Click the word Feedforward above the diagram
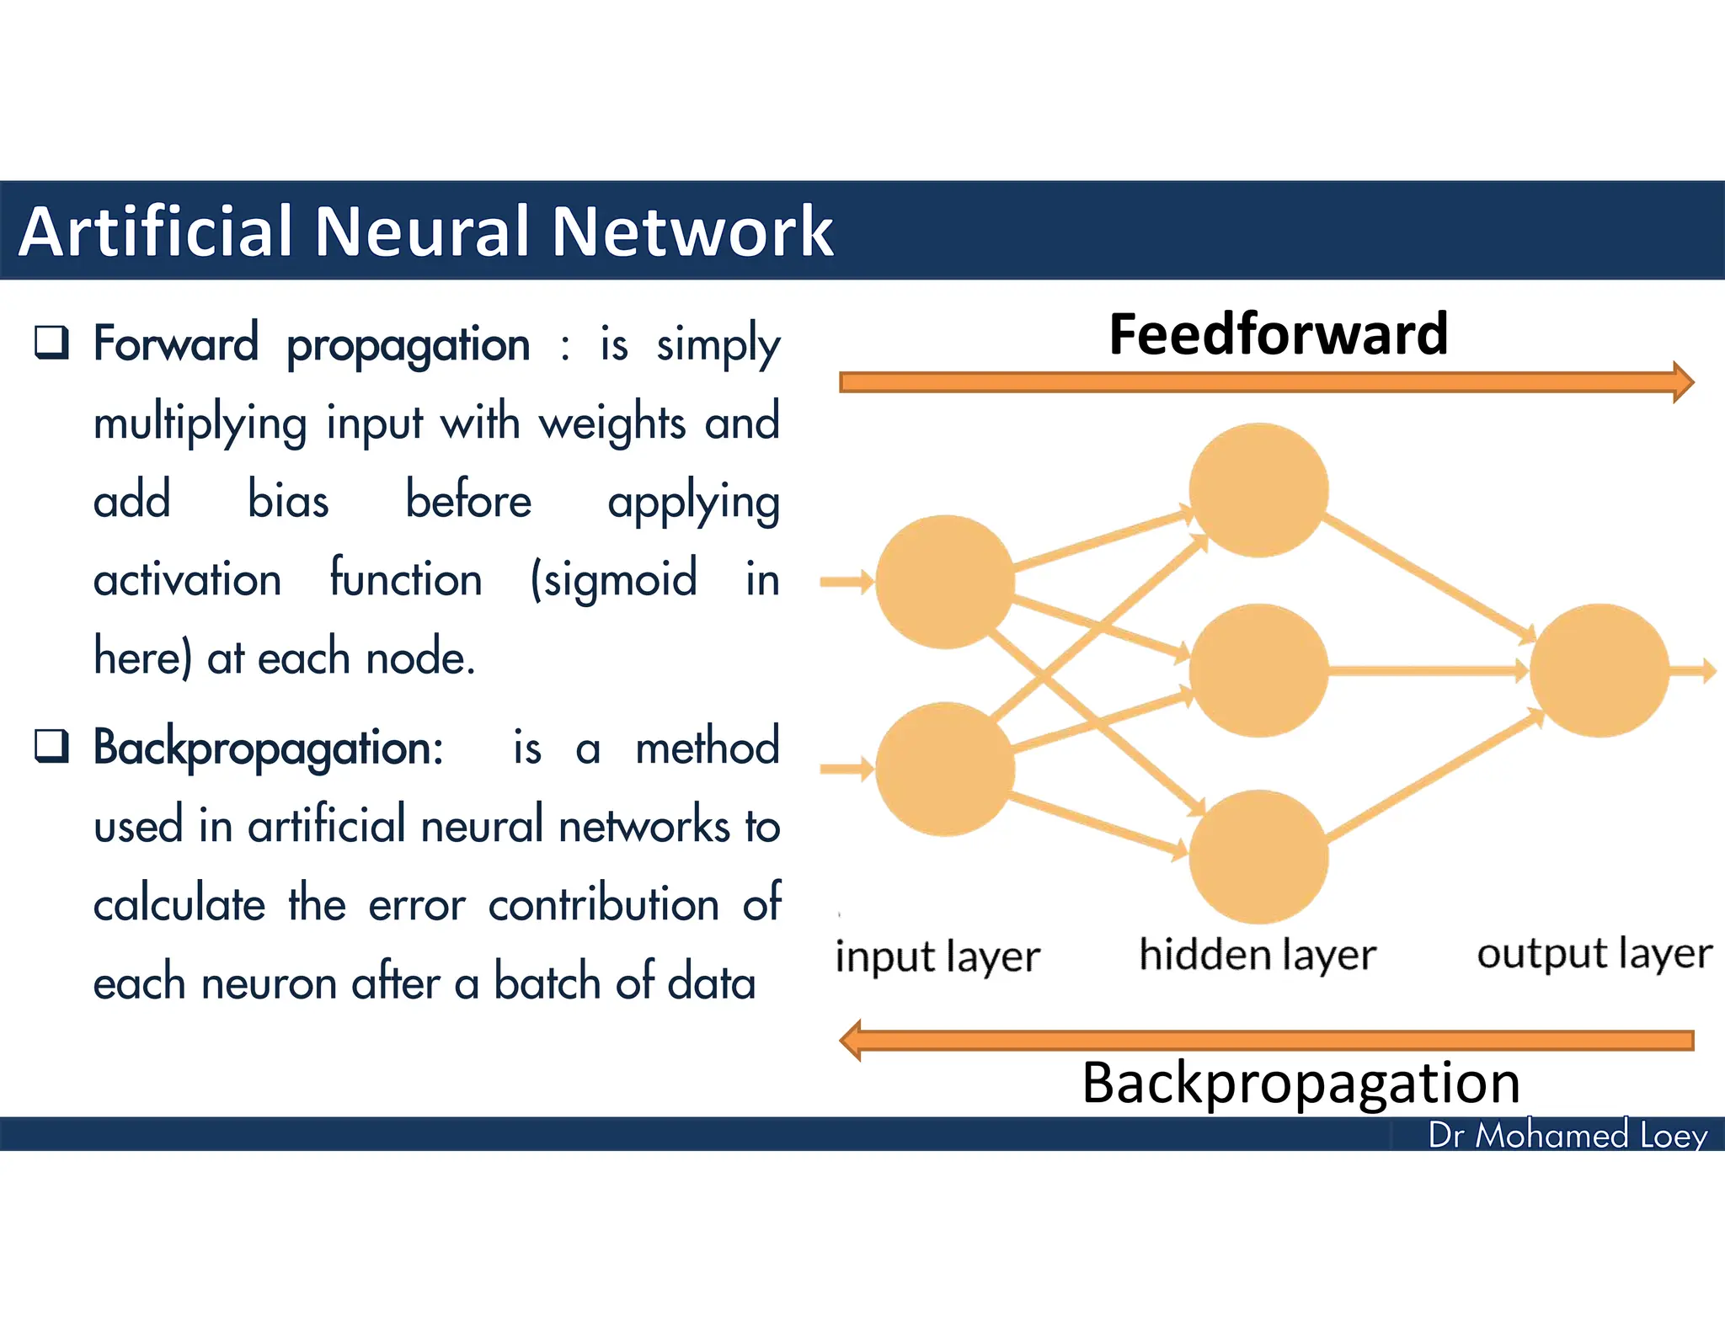coord(1278,334)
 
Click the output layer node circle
coord(1598,670)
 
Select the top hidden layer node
coord(1258,490)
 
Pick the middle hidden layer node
coord(1258,670)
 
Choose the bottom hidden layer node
coord(1258,855)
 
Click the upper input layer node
coord(944,582)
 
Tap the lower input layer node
coord(944,769)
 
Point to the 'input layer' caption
coord(937,957)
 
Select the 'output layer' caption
coord(1594,954)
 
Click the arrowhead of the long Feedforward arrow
coord(1683,382)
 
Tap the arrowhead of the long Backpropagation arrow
coord(852,1041)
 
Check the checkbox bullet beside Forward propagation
coord(51,343)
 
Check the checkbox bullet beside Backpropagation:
coord(51,745)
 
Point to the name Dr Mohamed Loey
coord(1567,1135)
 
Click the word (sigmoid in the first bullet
coord(613,579)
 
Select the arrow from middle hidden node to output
coord(1428,671)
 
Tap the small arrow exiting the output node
coord(1694,670)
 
